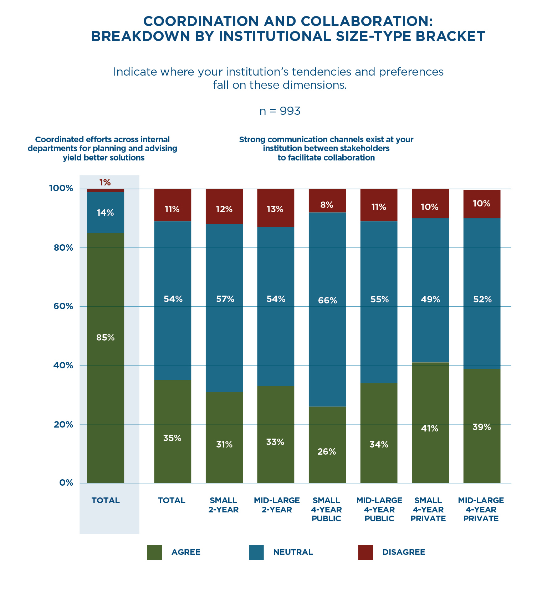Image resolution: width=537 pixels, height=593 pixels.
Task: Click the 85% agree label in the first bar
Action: pos(106,337)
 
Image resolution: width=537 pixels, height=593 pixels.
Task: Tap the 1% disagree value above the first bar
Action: pos(105,183)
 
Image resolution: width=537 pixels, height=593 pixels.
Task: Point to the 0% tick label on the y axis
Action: pos(66,483)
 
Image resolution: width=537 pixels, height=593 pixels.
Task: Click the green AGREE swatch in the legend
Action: pos(154,552)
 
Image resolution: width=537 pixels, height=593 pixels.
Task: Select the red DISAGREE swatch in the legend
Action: pos(365,552)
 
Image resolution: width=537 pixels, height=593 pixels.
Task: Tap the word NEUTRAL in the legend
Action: pos(293,552)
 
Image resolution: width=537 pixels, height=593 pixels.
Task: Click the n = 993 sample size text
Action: pos(280,111)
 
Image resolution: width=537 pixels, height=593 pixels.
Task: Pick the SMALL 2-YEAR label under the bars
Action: pos(224,505)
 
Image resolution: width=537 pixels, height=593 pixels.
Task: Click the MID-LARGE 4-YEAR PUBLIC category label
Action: pos(379,509)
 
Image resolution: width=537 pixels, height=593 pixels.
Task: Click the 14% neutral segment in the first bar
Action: pos(106,213)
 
